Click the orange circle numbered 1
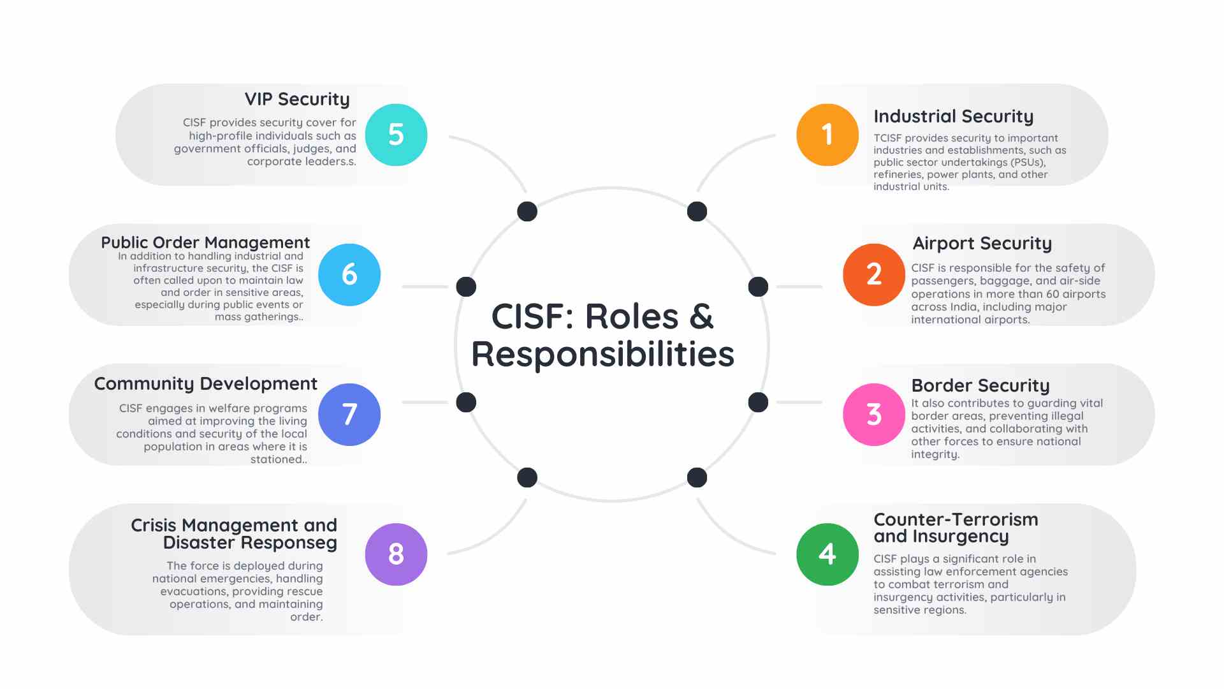[827, 135]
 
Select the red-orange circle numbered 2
[874, 274]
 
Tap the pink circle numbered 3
[874, 414]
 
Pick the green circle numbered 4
[827, 554]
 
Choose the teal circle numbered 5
[396, 135]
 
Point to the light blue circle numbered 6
[349, 274]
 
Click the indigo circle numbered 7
[349, 414]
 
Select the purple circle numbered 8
[396, 554]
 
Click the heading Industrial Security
[953, 117]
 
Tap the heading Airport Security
[982, 244]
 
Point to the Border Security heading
[980, 386]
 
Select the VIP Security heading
[297, 100]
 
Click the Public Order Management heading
[205, 242]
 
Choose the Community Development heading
[205, 383]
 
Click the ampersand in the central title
[701, 316]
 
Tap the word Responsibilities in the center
[602, 354]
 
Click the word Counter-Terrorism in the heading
[956, 519]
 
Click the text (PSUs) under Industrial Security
[1028, 162]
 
